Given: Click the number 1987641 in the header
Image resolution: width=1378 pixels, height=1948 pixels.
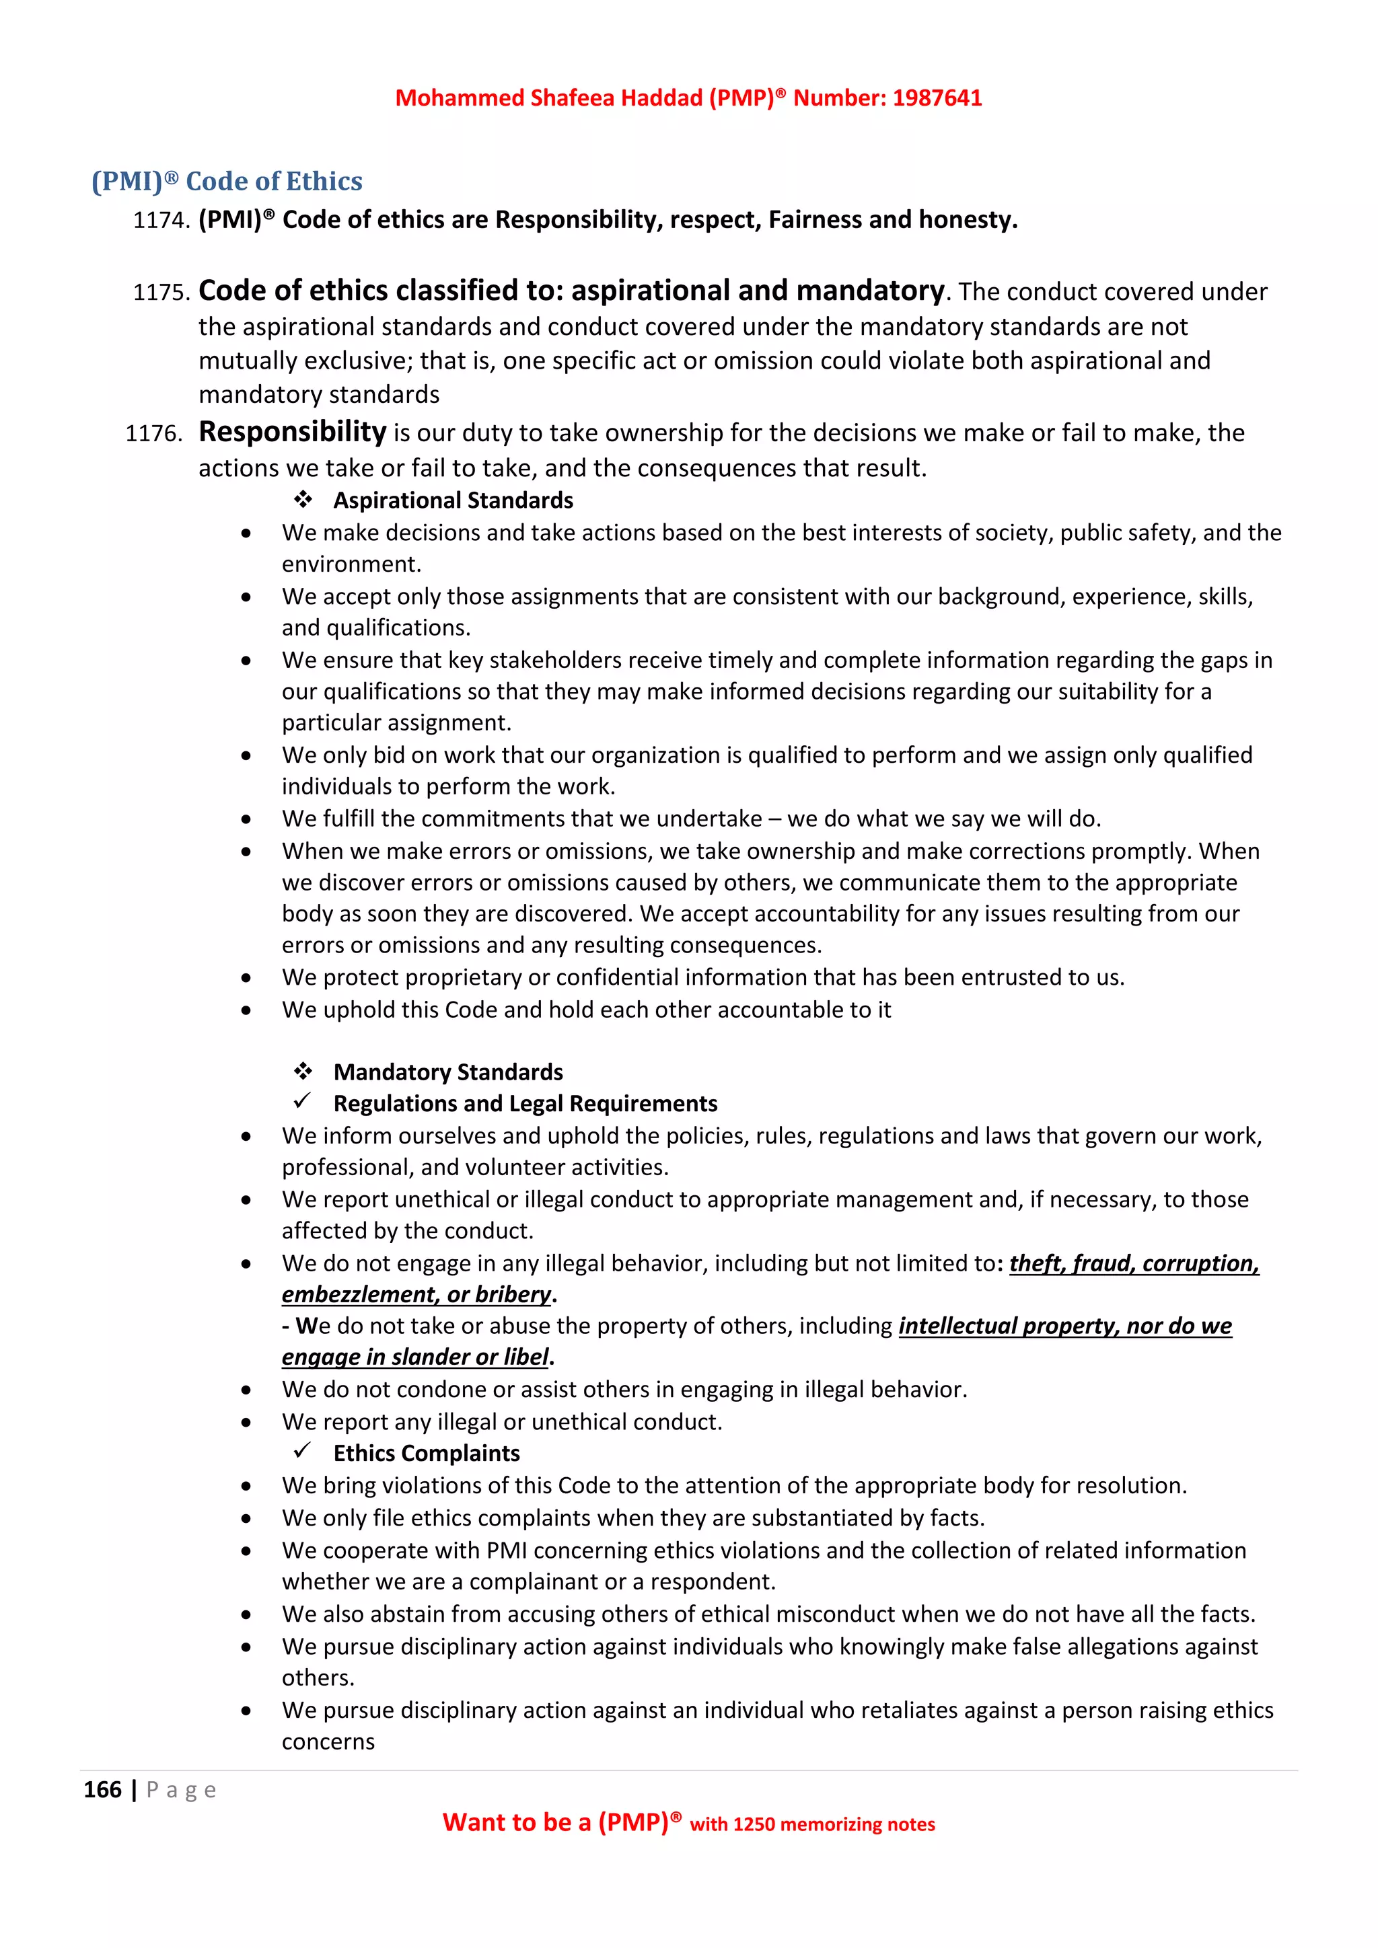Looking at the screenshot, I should click(x=937, y=98).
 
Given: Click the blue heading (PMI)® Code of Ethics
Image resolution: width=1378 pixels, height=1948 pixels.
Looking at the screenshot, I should click(x=227, y=181).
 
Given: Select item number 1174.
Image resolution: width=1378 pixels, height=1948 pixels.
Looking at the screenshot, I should click(x=160, y=221).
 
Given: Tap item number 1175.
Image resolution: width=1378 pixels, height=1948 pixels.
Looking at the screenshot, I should click(x=160, y=293).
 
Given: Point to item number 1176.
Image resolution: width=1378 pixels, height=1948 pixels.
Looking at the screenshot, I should click(x=153, y=434).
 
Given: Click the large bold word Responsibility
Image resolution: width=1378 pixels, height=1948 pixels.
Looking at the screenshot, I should click(x=292, y=432).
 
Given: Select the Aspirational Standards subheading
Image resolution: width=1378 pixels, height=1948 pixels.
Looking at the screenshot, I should click(x=452, y=500).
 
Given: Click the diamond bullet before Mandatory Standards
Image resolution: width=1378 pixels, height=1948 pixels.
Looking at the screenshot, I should click(x=303, y=1071).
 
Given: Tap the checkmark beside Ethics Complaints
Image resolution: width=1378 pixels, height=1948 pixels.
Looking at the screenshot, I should click(x=302, y=1451).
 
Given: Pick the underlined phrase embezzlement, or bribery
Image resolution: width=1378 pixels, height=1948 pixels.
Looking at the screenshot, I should click(x=416, y=1294).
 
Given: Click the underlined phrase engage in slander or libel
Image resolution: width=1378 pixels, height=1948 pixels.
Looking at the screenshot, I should click(x=415, y=1357).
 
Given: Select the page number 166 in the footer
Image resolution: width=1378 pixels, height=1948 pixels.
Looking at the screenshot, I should click(x=103, y=1789).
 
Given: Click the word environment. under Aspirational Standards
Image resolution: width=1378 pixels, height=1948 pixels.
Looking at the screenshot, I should click(x=351, y=564).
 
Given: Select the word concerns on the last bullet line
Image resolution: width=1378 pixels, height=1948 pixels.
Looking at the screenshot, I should click(x=328, y=1741).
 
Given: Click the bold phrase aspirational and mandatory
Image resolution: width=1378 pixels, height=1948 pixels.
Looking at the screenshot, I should click(x=757, y=291).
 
